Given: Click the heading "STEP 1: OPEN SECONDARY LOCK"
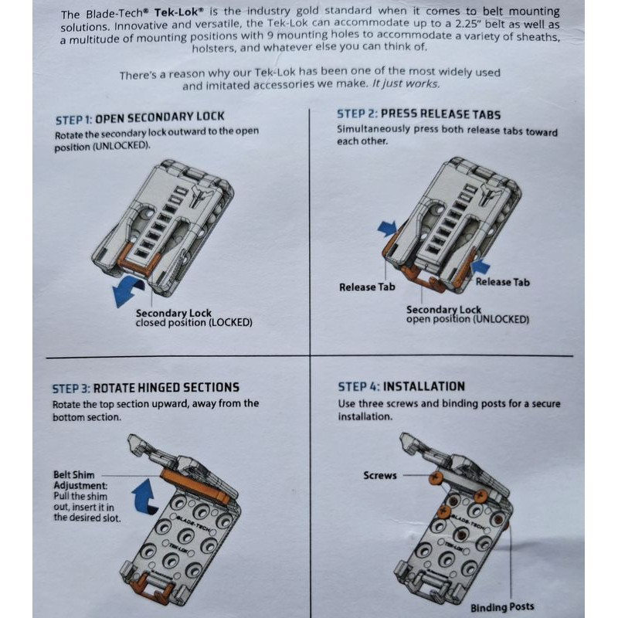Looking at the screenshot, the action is tap(140, 118).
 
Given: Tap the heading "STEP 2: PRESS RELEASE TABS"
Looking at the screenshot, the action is tap(419, 114).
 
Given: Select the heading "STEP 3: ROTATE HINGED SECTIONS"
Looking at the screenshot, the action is tap(146, 388).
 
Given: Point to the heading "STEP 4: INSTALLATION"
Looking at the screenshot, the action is tap(401, 387).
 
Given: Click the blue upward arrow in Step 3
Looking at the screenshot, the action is tap(144, 497).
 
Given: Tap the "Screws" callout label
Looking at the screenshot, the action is tap(380, 475).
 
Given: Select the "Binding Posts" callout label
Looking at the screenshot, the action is tap(502, 607).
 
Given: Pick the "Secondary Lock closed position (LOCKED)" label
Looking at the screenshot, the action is tap(194, 318).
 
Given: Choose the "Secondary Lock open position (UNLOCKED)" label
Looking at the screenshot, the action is tap(467, 314).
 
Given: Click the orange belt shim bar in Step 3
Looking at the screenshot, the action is tap(195, 486).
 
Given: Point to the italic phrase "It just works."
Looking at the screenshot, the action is tap(406, 83).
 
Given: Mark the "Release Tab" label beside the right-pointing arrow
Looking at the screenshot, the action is tap(367, 287).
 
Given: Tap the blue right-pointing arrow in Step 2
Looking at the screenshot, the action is tap(387, 229).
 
